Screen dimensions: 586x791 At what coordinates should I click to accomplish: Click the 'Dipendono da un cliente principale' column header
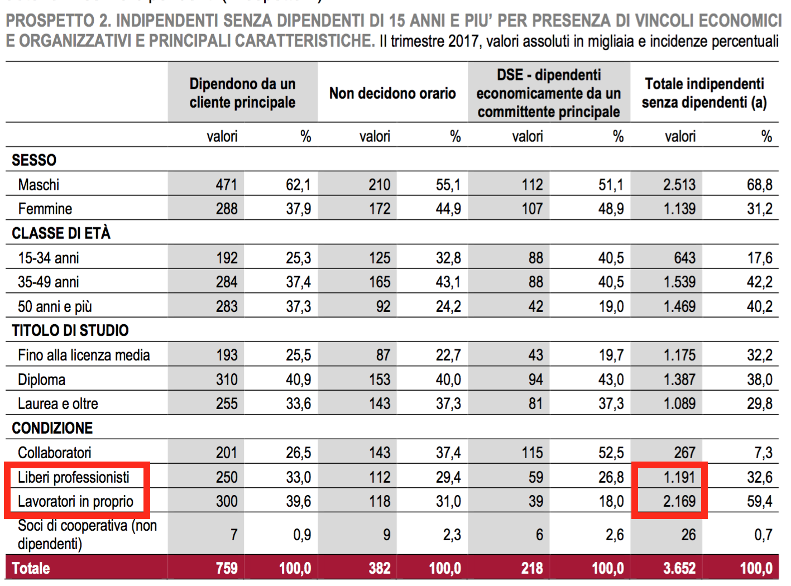point(242,93)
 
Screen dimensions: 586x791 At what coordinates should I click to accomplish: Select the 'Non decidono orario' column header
point(392,93)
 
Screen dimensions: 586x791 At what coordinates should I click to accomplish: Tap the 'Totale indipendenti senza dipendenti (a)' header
point(704,93)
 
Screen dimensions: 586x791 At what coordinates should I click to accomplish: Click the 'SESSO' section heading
point(34,160)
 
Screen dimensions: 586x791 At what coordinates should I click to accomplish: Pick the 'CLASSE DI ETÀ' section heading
point(61,233)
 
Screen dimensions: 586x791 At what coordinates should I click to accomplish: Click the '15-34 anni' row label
point(49,258)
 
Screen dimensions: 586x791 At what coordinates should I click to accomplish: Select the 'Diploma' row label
point(42,380)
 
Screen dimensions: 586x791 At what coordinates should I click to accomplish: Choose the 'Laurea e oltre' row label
point(58,404)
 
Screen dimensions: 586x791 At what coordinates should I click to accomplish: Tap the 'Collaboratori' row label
point(55,453)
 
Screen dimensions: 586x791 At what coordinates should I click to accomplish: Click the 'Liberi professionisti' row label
point(74,477)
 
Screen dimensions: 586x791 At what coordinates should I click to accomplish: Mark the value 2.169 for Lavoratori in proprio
point(679,501)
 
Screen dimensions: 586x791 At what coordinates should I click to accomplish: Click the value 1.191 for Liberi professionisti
point(679,477)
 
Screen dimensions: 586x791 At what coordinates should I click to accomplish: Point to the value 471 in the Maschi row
point(227,185)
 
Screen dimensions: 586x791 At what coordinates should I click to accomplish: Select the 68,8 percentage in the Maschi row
point(760,185)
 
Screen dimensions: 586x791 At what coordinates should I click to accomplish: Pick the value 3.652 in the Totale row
point(679,568)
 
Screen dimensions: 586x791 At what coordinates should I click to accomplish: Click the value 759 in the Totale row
point(227,568)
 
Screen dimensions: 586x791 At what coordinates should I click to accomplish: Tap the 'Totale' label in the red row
point(31,568)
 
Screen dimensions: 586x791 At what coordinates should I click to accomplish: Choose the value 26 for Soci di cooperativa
point(688,535)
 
